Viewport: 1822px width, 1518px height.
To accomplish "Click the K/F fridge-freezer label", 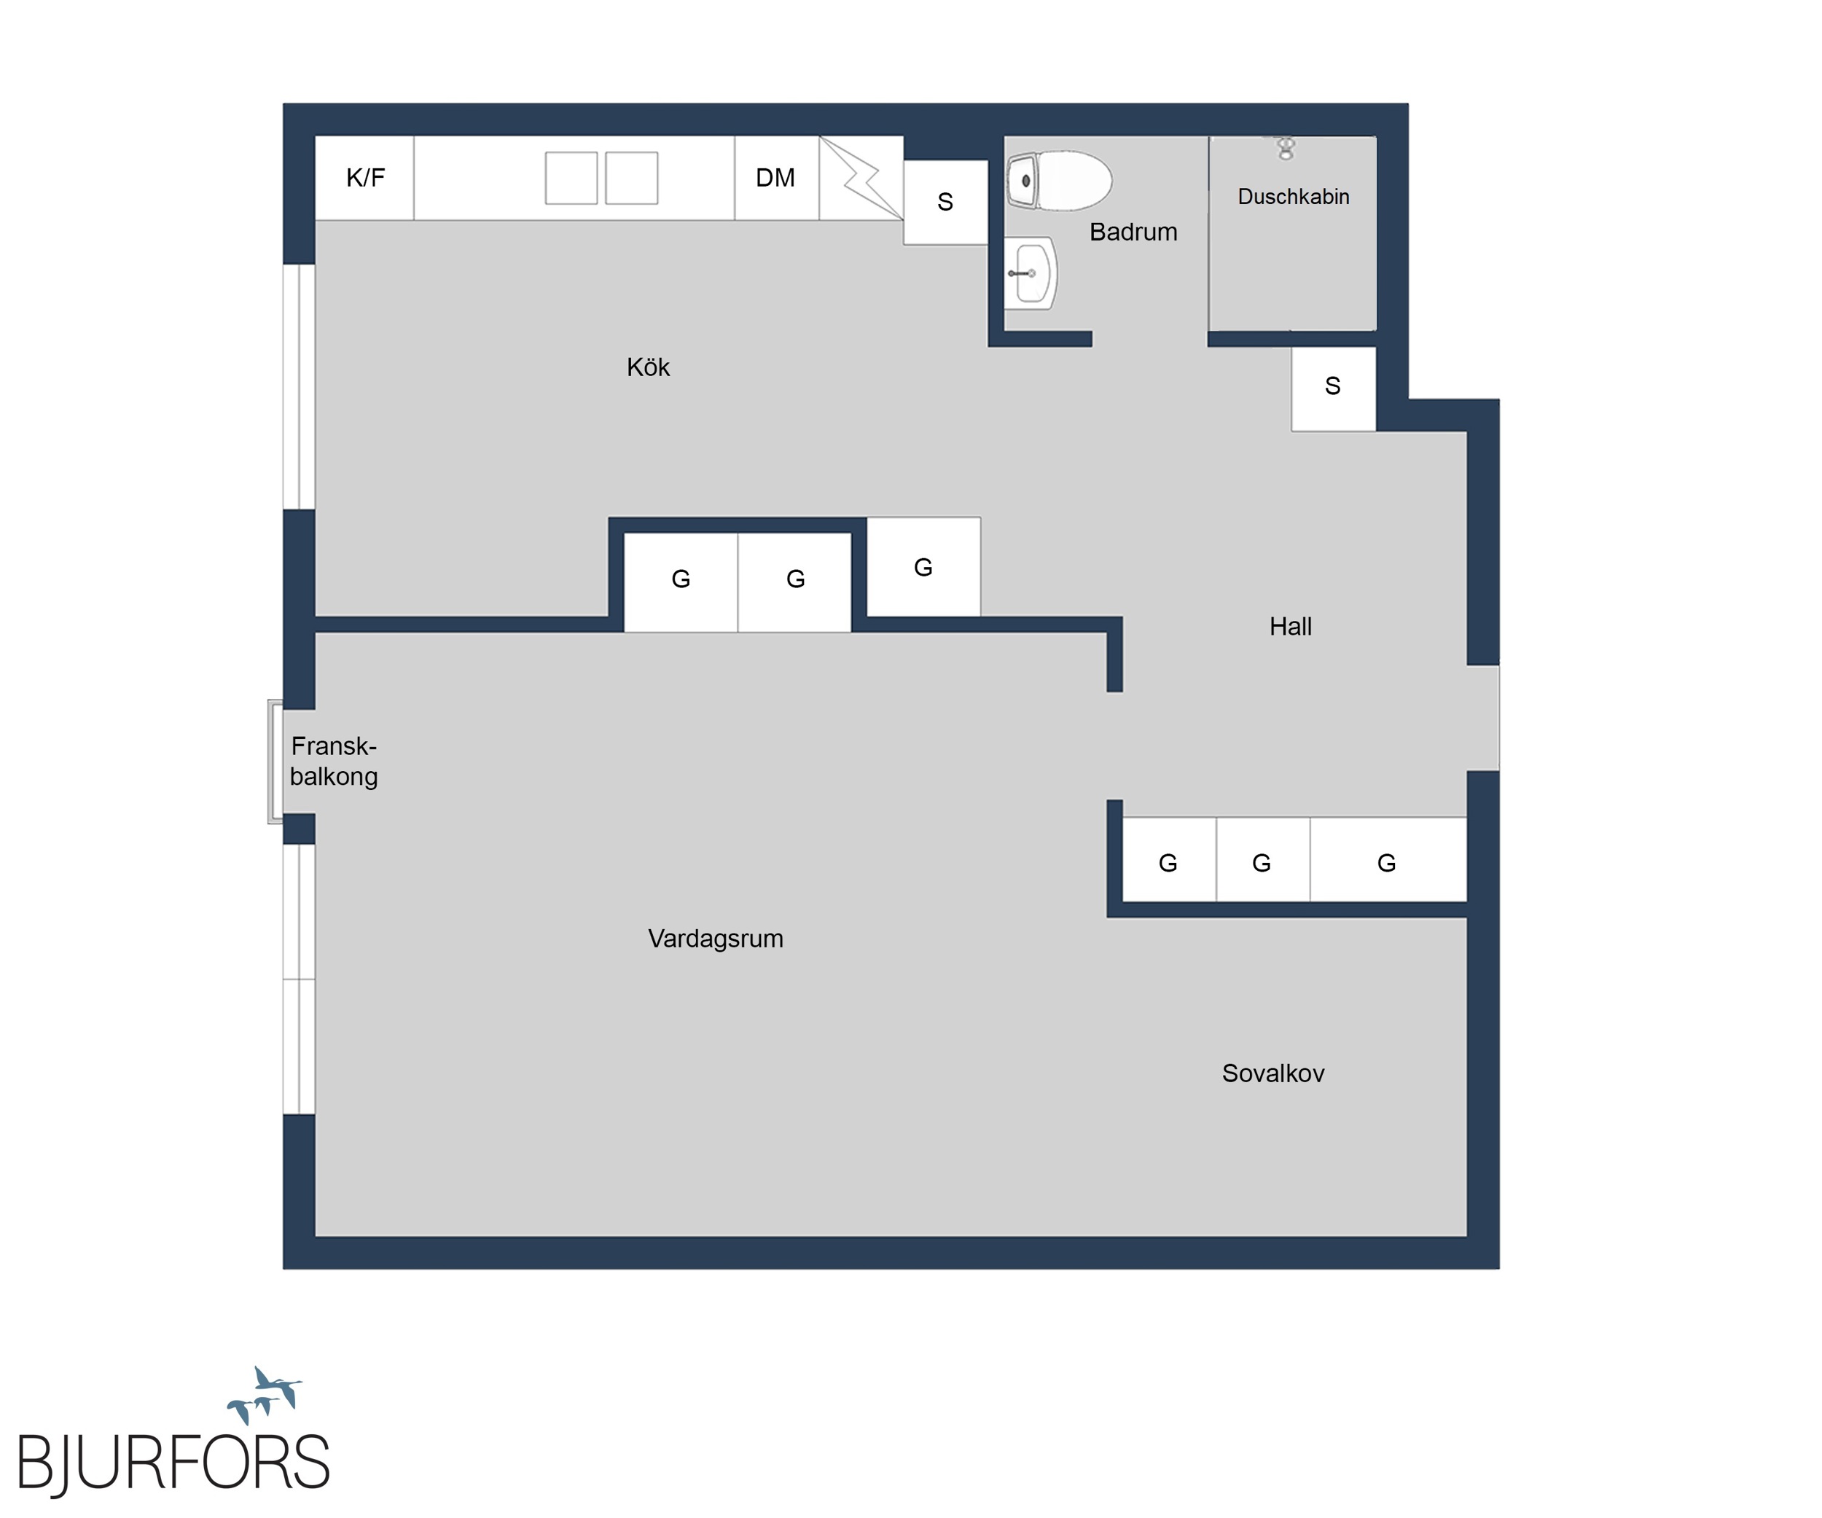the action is click(x=365, y=178).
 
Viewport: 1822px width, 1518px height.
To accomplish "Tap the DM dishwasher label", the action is click(x=775, y=178).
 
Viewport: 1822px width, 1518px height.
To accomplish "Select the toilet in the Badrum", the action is click(x=1058, y=181).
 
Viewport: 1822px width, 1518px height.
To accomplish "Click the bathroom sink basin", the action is click(x=1031, y=273).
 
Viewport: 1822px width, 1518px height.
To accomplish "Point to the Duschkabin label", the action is click(x=1293, y=197).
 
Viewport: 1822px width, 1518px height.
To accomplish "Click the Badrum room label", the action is click(x=1133, y=232).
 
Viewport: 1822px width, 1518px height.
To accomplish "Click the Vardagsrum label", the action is click(x=716, y=939).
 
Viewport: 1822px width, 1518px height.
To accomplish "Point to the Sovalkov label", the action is click(x=1272, y=1074).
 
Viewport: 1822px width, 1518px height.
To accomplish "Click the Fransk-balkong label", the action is click(x=334, y=761).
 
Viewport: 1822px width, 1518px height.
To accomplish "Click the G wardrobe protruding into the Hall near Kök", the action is click(x=924, y=567).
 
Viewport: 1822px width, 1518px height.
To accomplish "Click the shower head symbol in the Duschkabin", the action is click(x=1286, y=149).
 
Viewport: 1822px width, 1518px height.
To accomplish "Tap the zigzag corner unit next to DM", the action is click(x=861, y=178).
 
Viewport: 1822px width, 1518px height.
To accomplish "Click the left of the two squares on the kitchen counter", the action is click(x=571, y=178).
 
